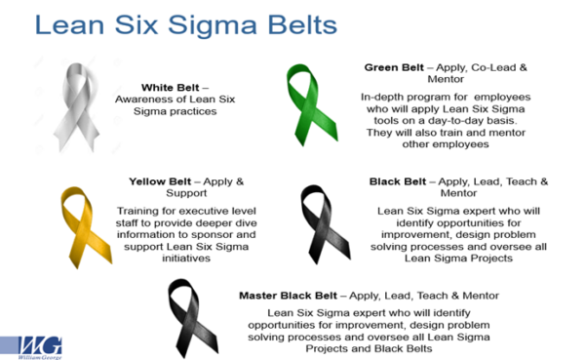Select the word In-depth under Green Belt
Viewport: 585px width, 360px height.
382,98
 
